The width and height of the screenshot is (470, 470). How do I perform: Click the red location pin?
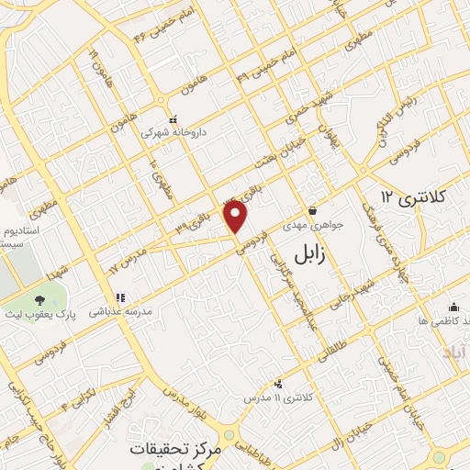pyautogui.click(x=237, y=218)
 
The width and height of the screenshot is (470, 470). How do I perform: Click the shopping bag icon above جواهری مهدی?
pyautogui.click(x=312, y=210)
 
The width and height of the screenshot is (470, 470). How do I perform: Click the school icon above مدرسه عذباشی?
pyautogui.click(x=118, y=297)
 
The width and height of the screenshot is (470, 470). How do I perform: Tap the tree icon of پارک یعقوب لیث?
pyautogui.click(x=39, y=300)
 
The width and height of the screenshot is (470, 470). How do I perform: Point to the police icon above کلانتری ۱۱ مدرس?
pyautogui.click(x=279, y=385)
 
